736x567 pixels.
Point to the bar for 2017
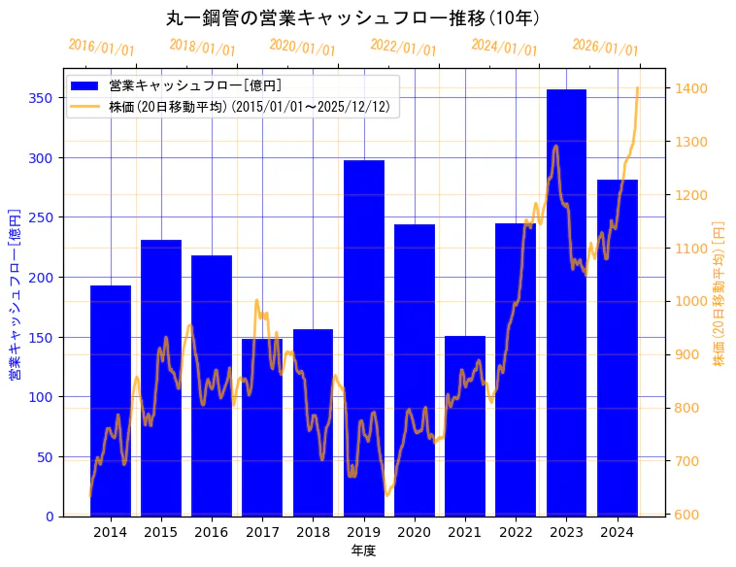pyautogui.click(x=262, y=427)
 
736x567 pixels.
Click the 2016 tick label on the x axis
pyautogui.click(x=212, y=531)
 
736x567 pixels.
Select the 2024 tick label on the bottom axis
pyautogui.click(x=617, y=531)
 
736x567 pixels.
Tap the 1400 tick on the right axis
pyautogui.click(x=689, y=88)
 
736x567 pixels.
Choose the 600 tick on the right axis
pyautogui.click(x=686, y=515)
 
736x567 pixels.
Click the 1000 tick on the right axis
pyautogui.click(x=689, y=301)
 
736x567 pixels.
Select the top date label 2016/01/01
pyautogui.click(x=101, y=48)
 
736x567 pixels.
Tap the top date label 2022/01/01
pyautogui.click(x=403, y=48)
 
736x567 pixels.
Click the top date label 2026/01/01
pyautogui.click(x=605, y=48)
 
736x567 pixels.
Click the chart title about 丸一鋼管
pyautogui.click(x=352, y=18)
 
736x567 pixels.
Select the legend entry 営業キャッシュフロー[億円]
pyautogui.click(x=195, y=86)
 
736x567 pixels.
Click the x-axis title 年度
pyautogui.click(x=363, y=550)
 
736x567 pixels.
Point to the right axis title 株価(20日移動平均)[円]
pyautogui.click(x=719, y=292)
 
